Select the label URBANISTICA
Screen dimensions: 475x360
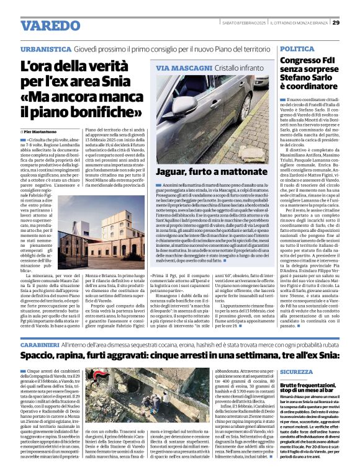tap(45, 48)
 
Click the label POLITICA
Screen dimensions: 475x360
tap(297, 48)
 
